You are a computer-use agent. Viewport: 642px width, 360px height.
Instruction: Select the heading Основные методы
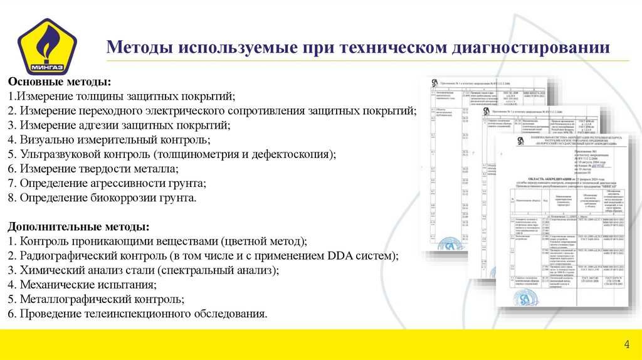(x=60, y=83)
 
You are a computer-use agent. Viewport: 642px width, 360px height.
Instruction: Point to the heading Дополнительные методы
(x=78, y=226)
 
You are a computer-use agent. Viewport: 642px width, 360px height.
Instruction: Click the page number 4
(x=626, y=345)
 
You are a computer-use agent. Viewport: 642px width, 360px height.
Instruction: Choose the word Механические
(x=55, y=285)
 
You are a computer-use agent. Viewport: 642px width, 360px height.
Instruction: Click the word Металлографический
(x=70, y=299)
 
